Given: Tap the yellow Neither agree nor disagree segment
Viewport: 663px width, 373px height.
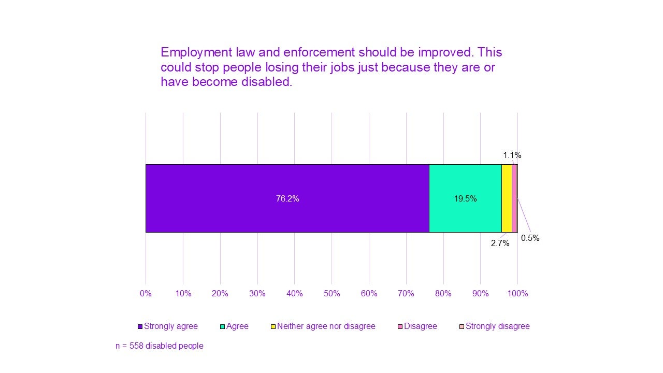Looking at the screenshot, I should (x=507, y=198).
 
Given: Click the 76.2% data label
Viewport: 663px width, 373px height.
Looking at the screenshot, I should (x=287, y=198).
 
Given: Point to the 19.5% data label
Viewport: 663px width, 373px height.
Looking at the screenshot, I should (x=465, y=198).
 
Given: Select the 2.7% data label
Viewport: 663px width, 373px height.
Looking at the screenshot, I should (x=500, y=243).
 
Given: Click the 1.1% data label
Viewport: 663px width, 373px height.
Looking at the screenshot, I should (x=512, y=155).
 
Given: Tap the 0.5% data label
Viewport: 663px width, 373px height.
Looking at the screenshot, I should (x=530, y=238).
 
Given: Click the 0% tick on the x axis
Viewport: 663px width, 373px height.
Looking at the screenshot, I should (x=146, y=294).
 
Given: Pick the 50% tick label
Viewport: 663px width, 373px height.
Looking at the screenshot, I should (x=331, y=294).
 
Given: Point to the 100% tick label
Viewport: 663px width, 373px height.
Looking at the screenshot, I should (x=517, y=294).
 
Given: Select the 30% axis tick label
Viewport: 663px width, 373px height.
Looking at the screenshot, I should (x=257, y=294).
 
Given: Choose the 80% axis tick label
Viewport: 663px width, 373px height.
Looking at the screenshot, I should (x=443, y=294).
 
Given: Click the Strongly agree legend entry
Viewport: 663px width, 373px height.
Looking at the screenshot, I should (x=170, y=326).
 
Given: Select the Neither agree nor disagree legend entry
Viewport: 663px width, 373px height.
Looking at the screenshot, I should (x=326, y=326).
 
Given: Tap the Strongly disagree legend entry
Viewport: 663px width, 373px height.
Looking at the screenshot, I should (x=497, y=326).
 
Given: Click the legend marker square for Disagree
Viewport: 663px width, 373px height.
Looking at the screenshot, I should (x=400, y=327).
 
